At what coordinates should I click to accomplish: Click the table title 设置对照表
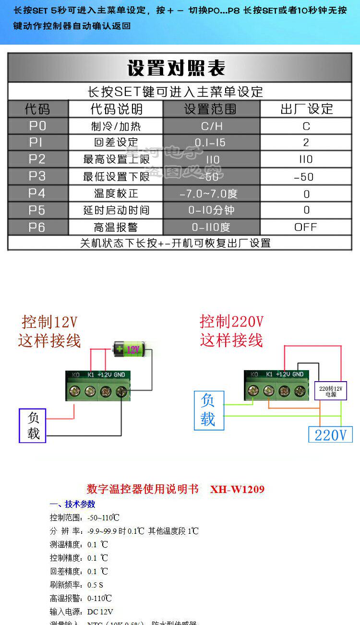[x=176, y=68]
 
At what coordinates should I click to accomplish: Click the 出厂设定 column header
[x=306, y=109]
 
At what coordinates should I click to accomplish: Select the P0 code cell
[x=37, y=126]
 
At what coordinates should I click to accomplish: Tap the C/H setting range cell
[x=211, y=126]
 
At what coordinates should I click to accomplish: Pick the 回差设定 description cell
[x=116, y=143]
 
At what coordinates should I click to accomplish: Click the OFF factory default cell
[x=306, y=227]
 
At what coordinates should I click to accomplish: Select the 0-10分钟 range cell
[x=211, y=210]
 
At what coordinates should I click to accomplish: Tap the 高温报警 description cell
[x=116, y=227]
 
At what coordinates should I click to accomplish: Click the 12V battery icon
[x=132, y=349]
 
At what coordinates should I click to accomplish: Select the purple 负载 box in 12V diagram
[x=33, y=425]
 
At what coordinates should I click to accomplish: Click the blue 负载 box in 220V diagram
[x=209, y=410]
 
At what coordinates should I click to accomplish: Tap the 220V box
[x=330, y=434]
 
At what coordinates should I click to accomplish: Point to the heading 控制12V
[x=49, y=321]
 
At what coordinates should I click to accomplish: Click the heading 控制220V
[x=231, y=321]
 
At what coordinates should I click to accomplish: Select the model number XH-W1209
[x=237, y=489]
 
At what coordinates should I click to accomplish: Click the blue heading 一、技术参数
[x=72, y=504]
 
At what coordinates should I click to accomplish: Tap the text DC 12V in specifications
[x=100, y=612]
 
